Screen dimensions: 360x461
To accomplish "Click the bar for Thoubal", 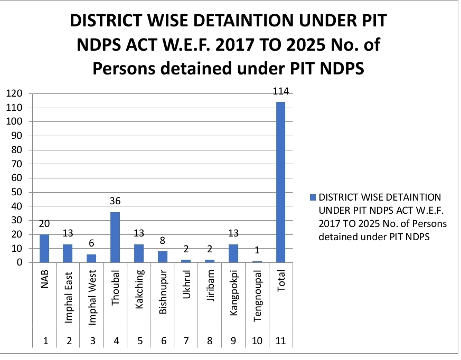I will pyautogui.click(x=115, y=237).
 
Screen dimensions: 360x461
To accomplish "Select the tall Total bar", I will pyautogui.click(x=280, y=182).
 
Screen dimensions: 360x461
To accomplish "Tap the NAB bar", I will pyautogui.click(x=44, y=248).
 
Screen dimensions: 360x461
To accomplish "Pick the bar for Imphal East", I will pyautogui.click(x=68, y=253).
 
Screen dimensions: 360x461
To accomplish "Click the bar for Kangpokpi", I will pyautogui.click(x=233, y=253).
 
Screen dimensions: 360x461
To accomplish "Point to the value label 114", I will pyautogui.click(x=280, y=92).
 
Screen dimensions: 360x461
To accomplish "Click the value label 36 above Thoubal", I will pyautogui.click(x=115, y=202).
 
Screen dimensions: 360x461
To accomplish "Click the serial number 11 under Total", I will pyautogui.click(x=280, y=341).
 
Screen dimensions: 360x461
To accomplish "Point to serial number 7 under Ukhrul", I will pyautogui.click(x=186, y=341).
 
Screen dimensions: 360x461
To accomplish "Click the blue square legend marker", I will pyautogui.click(x=312, y=197).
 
